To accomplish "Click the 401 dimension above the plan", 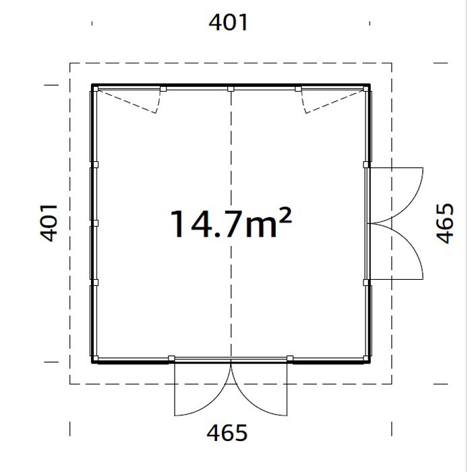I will (x=229, y=23).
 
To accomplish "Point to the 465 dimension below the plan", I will (x=227, y=432).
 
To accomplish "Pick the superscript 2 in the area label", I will (x=285, y=215).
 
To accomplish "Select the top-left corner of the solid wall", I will (x=93, y=86).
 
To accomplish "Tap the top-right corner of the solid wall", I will (x=370, y=86).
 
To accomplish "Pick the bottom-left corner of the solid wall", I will (x=93, y=361).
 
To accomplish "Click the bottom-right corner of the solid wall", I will (x=370, y=361).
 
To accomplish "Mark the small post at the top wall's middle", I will (x=231, y=88).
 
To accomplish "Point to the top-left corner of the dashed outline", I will (x=70, y=63).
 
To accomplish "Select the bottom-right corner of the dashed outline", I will (x=392, y=384).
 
